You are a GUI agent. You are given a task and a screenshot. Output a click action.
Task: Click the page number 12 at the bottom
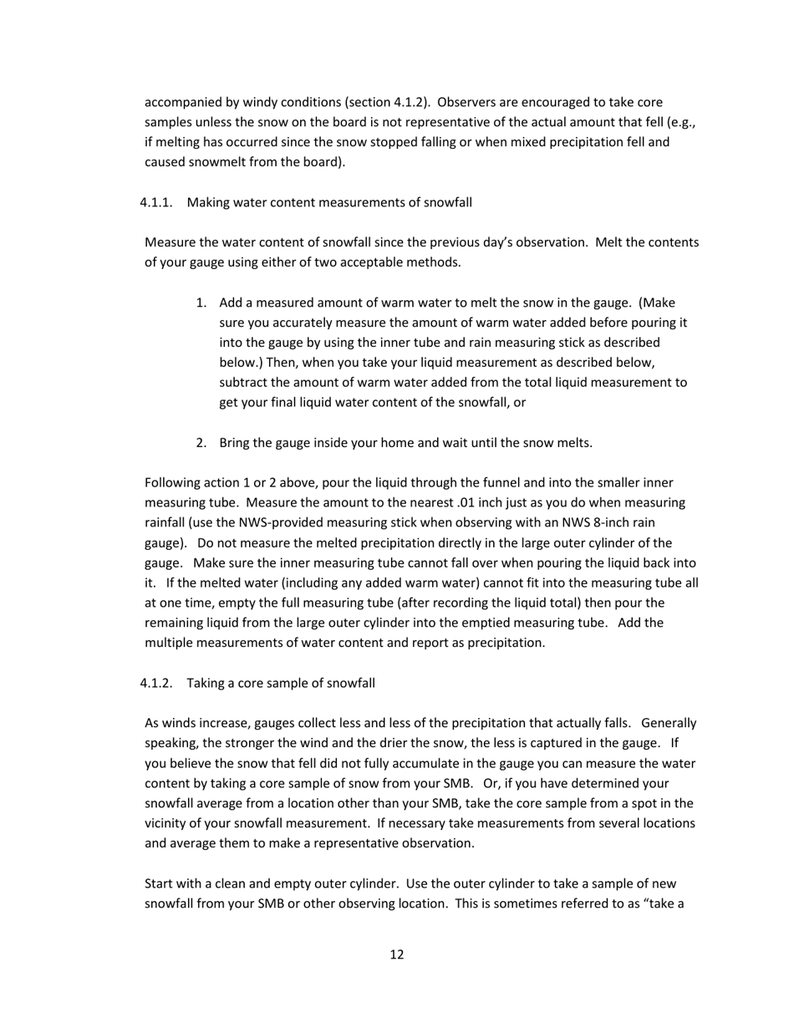[397, 954]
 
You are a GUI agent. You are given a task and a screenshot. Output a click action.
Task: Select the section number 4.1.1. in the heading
[156, 202]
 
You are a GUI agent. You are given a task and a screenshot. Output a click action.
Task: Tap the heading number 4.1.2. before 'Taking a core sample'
[156, 683]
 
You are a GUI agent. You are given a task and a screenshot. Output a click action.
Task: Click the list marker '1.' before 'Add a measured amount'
[201, 303]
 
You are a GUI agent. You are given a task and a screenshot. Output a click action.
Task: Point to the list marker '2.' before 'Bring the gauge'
[201, 443]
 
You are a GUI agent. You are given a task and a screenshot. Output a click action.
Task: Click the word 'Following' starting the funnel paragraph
[173, 483]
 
